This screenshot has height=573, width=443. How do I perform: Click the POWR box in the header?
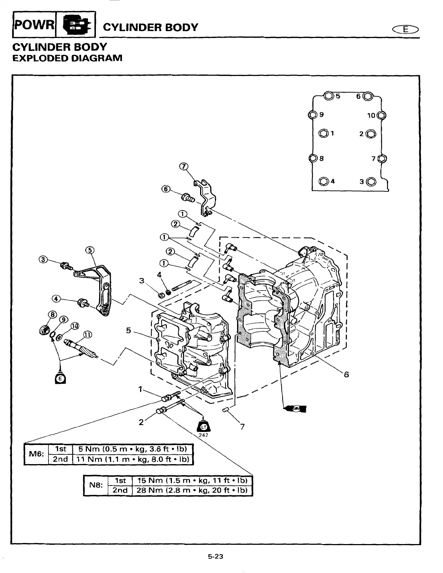34,25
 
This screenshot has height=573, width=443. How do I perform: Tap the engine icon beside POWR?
76,25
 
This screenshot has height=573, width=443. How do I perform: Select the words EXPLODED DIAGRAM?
67,58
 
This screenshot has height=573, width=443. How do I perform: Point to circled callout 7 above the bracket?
184,166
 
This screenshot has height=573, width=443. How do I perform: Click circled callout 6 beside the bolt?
166,189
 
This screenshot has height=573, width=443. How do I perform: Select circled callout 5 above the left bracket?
90,250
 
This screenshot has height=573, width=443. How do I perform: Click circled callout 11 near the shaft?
88,335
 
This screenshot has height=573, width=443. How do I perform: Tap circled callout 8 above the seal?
52,314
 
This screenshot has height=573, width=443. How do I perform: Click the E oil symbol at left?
60,378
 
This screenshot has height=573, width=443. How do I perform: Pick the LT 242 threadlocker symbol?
203,428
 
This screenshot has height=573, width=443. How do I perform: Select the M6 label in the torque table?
36,454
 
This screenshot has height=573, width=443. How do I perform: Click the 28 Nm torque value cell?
191,490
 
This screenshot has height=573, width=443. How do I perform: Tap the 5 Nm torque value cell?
132,449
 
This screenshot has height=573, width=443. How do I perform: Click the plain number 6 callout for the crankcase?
346,375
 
